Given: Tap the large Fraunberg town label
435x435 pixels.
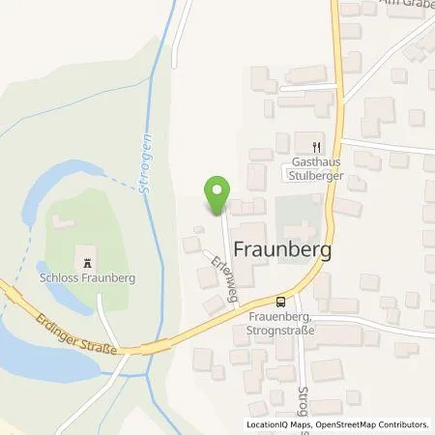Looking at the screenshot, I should pyautogui.click(x=279, y=249).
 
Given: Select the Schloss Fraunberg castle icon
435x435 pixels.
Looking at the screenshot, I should pyautogui.click(x=88, y=263).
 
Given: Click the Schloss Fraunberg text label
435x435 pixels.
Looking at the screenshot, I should pyautogui.click(x=89, y=280).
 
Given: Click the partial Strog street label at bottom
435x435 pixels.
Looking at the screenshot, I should pyautogui.click(x=303, y=397).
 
